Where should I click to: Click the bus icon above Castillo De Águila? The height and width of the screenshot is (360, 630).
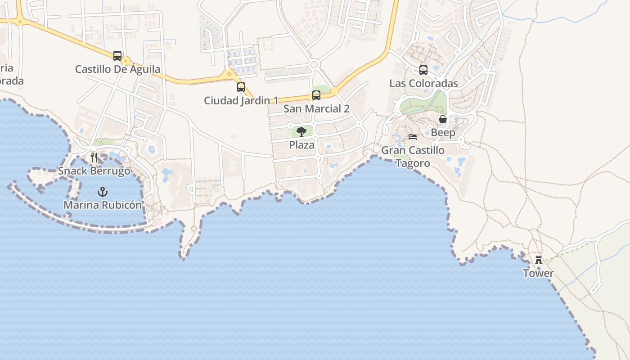(117, 56)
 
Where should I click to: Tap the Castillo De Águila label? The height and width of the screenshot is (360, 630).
(117, 69)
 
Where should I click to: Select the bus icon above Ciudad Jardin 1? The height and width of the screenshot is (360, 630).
(241, 87)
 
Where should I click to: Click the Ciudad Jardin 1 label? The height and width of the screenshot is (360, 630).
(241, 100)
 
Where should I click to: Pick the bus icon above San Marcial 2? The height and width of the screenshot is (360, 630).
(316, 95)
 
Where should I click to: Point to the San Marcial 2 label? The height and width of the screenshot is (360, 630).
(316, 109)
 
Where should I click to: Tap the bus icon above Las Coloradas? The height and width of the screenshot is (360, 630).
(423, 70)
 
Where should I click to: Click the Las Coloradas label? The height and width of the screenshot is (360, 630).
(423, 83)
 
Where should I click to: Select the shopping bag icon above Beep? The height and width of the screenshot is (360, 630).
(443, 119)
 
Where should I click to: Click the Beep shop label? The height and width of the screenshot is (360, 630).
(443, 133)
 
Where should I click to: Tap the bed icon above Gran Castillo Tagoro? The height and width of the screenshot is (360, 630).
(413, 137)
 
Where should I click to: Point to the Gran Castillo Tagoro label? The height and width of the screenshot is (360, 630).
(413, 157)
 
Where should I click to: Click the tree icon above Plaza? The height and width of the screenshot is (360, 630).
(301, 132)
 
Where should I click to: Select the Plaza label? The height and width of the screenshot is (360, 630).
(301, 145)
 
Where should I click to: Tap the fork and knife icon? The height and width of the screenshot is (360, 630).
(94, 157)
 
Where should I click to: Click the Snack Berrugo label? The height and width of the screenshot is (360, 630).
(94, 171)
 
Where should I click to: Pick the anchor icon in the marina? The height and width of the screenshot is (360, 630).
(103, 192)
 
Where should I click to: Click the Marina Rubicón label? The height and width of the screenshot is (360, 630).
(103, 205)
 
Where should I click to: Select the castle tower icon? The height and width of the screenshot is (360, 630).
(538, 260)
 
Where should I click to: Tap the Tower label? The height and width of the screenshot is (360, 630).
(538, 273)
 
